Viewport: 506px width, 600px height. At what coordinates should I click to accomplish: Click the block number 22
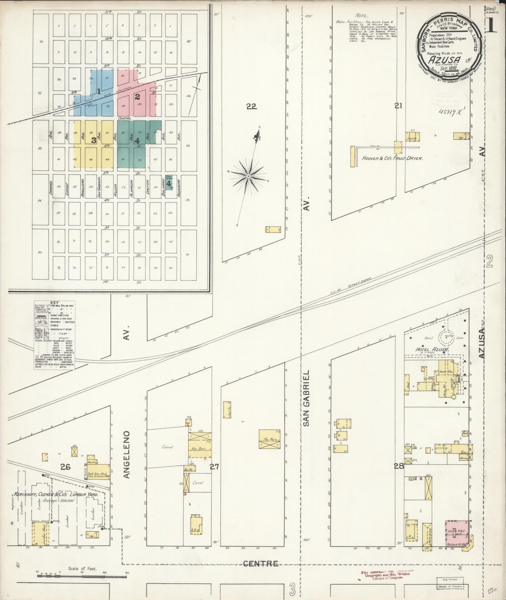251,107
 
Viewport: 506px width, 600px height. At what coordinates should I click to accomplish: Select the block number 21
398,106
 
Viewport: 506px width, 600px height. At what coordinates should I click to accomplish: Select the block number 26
65,466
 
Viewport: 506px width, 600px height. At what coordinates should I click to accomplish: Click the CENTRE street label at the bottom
261,563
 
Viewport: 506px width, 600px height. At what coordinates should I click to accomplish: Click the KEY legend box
55,335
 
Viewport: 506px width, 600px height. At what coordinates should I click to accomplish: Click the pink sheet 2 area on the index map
137,96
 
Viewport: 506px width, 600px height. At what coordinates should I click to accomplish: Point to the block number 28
399,466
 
